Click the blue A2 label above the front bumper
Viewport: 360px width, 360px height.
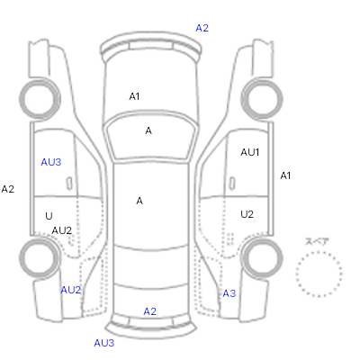[202, 28]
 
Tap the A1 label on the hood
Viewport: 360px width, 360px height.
[134, 96]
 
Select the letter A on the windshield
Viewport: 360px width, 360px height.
[148, 130]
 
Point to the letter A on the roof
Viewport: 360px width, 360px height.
[139, 201]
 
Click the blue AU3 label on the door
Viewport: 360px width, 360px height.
[51, 162]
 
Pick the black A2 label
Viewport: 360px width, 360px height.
[8, 189]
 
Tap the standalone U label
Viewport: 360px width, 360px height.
[49, 216]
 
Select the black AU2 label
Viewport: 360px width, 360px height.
[62, 230]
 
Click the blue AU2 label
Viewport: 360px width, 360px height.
[71, 290]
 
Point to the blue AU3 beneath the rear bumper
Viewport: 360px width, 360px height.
[104, 343]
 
